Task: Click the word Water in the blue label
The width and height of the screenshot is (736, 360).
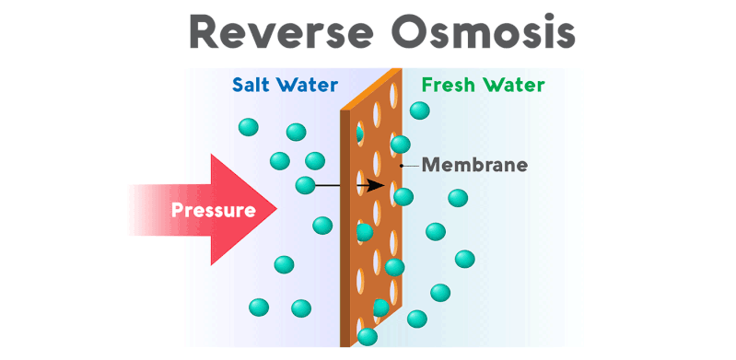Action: [x=307, y=86]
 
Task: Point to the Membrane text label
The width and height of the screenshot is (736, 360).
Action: [x=474, y=166]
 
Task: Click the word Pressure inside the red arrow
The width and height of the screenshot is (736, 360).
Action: [x=213, y=210]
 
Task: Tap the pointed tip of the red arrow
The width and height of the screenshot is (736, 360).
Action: [x=276, y=210]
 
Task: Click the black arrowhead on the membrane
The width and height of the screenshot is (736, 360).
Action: [x=377, y=185]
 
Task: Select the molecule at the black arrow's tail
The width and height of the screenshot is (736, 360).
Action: [x=305, y=185]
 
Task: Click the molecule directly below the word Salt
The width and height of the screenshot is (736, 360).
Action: [x=249, y=127]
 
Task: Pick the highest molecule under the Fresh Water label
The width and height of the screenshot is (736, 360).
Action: [x=419, y=110]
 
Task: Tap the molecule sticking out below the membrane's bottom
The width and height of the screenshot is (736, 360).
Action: [x=368, y=337]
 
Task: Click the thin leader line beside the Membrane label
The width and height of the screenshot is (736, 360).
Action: [x=411, y=166]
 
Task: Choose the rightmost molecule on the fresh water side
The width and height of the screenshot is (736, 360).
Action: [x=465, y=260]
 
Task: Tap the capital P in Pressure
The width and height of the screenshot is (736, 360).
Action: [x=177, y=210]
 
